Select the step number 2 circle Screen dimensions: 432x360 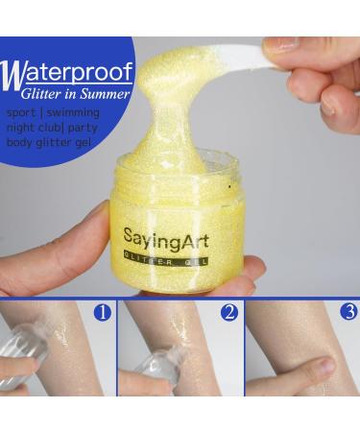(x=228, y=312)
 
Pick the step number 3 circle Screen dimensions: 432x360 (x=349, y=312)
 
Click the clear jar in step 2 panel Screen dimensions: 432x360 (x=163, y=365)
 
